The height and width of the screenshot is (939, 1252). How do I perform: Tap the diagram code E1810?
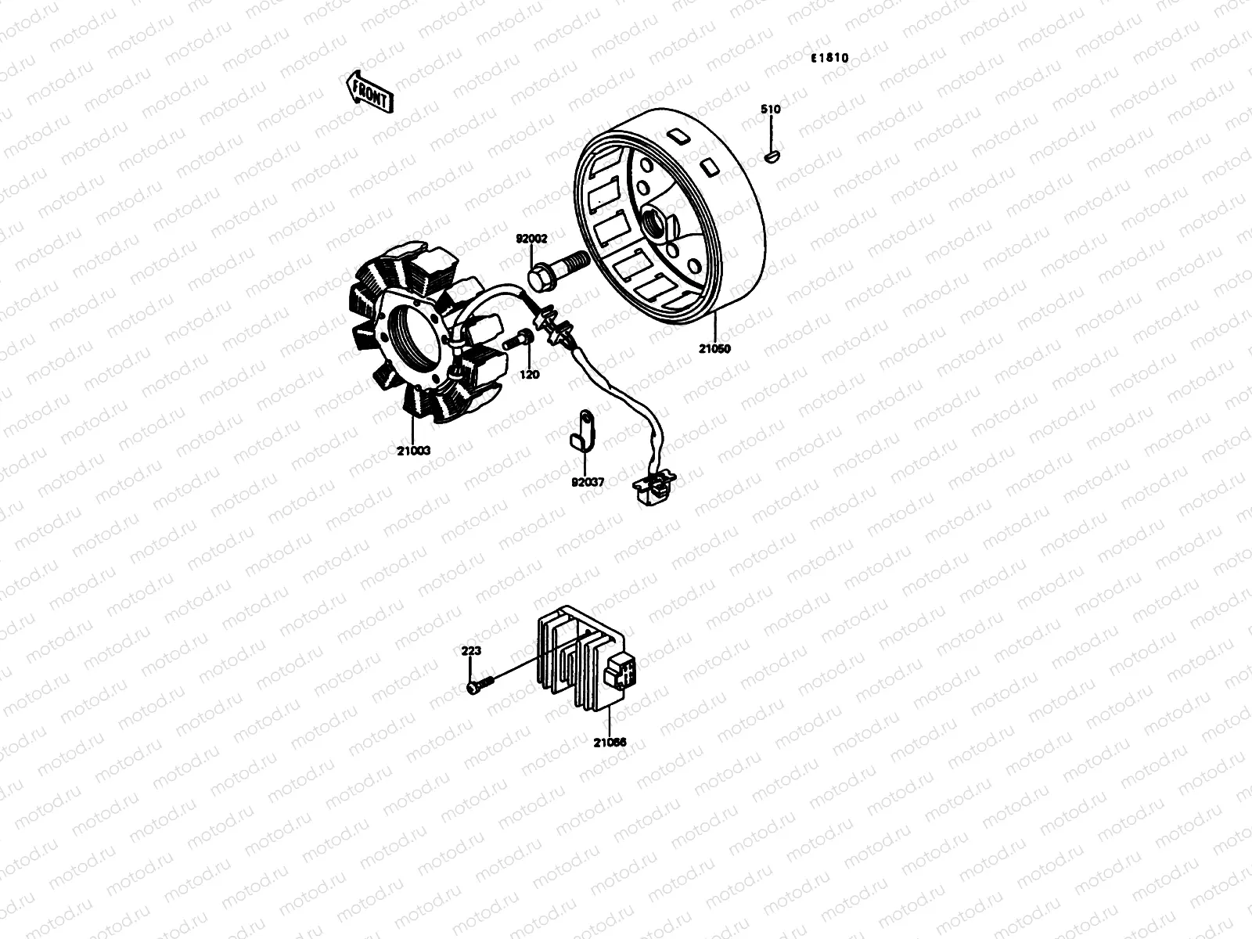829,58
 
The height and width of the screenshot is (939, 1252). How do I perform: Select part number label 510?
770,110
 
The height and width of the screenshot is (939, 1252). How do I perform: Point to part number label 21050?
714,349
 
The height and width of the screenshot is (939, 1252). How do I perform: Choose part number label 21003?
414,452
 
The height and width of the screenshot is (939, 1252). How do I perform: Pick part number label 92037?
587,482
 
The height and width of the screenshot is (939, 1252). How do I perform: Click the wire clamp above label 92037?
582,430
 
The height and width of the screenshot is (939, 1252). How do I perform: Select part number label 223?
471,650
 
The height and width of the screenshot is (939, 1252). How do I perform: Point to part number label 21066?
610,743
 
